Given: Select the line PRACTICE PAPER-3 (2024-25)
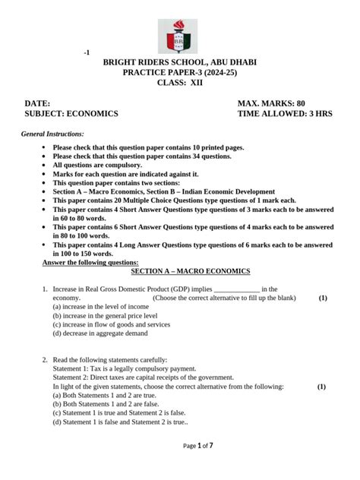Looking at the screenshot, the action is point(180,78).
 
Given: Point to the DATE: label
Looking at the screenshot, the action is point(37,103).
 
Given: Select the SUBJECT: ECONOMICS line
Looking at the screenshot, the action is point(71,113).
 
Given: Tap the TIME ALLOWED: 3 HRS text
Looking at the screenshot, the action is point(286,113).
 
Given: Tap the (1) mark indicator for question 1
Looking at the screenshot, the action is point(323,298).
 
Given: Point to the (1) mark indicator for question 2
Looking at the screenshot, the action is point(322,387).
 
